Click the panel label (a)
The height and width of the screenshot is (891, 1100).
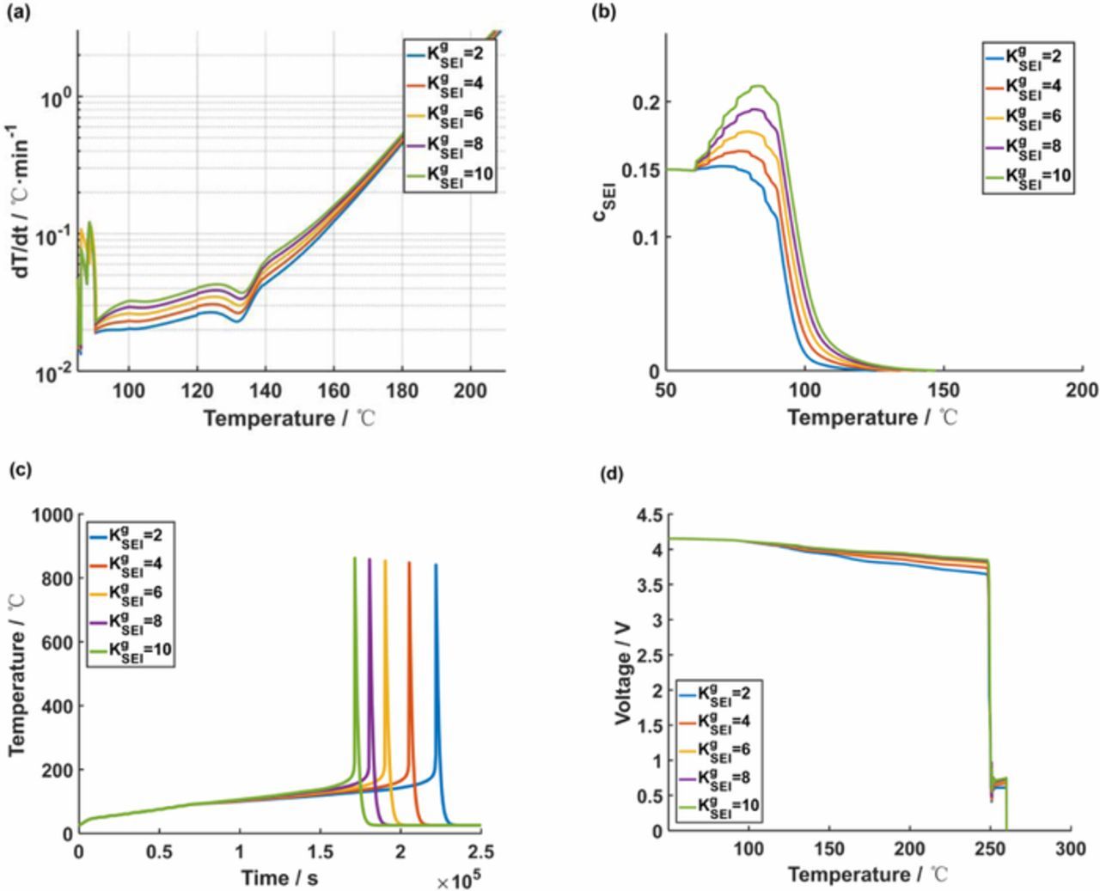click(18, 11)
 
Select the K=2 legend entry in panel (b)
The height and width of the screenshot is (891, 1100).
click(1027, 58)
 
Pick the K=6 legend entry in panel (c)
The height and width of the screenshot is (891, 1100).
click(129, 593)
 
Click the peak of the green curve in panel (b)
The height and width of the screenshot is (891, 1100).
click(758, 86)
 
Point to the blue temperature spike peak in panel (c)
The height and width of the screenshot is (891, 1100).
click(436, 565)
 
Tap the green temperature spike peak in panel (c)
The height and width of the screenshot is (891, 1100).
click(354, 558)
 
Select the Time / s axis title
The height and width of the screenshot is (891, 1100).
click(279, 877)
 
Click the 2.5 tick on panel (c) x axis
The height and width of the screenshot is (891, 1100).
click(480, 851)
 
